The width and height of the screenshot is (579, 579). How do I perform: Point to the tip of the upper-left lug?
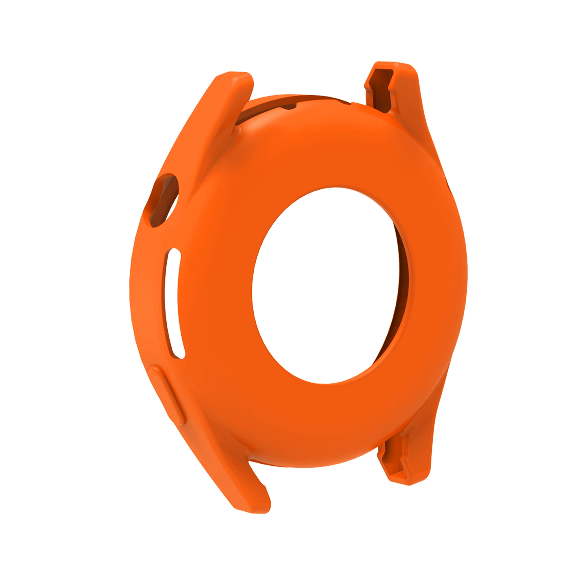pos(237,75)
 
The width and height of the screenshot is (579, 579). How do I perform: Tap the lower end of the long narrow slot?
pos(178,354)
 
